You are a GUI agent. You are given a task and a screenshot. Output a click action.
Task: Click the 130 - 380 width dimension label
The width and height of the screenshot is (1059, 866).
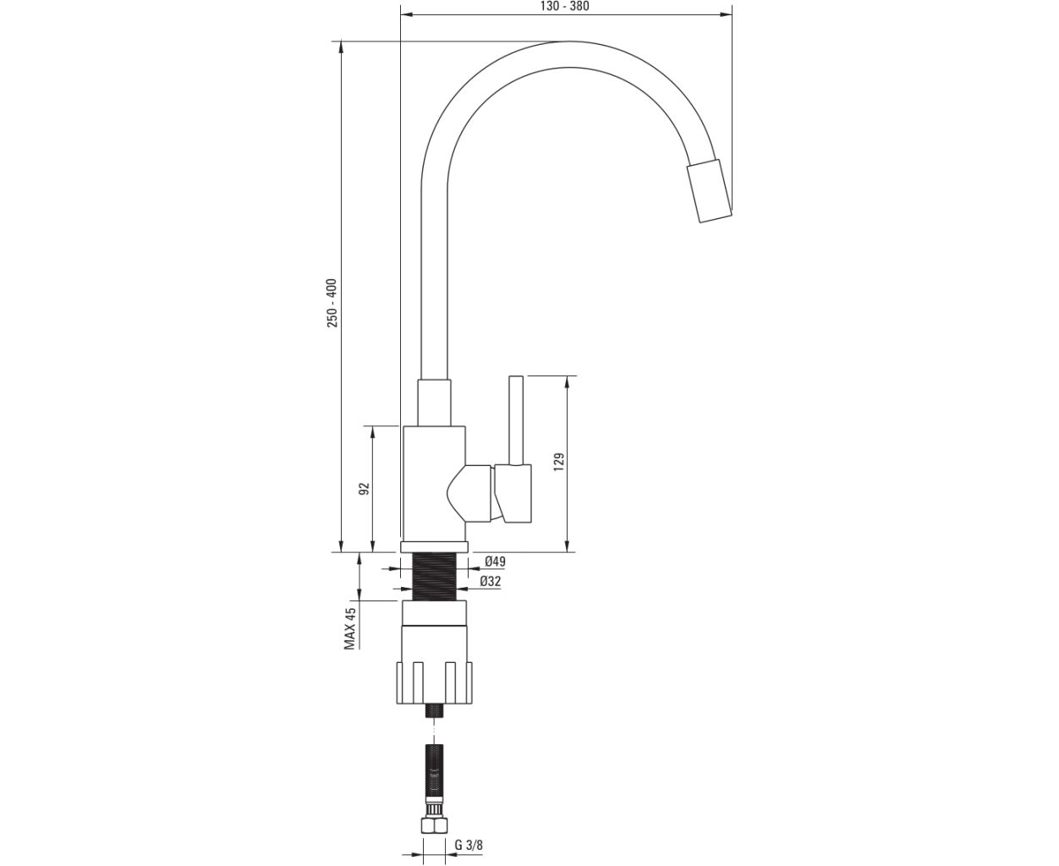565,7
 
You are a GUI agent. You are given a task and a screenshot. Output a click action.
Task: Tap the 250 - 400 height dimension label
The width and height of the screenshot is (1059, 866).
332,303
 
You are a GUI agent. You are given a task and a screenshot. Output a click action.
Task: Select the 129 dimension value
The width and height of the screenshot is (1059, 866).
559,462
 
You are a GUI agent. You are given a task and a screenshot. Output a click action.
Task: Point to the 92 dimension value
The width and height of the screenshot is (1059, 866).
365,489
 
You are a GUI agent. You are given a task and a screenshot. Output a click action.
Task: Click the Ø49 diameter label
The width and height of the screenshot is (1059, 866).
495,562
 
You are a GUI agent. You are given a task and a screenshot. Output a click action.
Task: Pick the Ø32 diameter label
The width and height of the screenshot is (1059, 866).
491,581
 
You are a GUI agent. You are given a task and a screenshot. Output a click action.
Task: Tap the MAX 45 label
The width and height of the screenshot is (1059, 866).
349,628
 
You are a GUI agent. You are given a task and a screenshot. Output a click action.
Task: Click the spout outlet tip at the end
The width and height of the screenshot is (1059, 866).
710,191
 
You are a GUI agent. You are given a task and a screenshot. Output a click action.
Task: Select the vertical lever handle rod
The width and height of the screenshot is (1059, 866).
516,420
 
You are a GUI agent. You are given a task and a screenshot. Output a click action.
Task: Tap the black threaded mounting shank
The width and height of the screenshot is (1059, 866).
435,577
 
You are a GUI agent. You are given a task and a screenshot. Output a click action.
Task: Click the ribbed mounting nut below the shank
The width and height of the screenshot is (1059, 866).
435,683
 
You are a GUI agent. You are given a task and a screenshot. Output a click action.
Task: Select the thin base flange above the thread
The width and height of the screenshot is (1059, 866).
435,547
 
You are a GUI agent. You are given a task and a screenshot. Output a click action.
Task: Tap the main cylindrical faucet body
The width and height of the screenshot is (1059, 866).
435,484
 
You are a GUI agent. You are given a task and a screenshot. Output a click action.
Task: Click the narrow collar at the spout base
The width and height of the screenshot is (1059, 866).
435,403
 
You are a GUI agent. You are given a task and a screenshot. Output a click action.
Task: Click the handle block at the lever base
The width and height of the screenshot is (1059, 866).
513,494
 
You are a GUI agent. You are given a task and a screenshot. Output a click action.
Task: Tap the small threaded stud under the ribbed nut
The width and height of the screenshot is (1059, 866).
435,711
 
